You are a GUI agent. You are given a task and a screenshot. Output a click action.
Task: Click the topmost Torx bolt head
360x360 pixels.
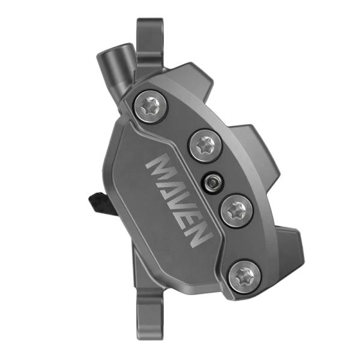148,106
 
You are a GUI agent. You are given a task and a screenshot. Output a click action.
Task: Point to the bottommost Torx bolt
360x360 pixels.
245,276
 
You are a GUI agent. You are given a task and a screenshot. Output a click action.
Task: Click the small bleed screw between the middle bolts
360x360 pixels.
211,181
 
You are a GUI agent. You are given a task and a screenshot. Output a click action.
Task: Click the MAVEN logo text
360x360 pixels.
179,202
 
